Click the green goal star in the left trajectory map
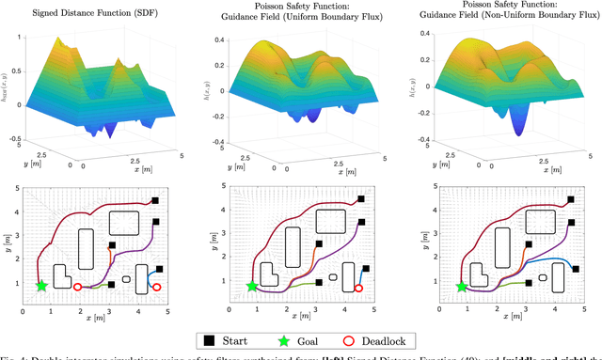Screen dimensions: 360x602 40,285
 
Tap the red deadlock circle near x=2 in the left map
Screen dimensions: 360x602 77,287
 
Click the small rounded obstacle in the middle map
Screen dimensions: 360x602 331,279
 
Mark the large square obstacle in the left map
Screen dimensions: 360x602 124,223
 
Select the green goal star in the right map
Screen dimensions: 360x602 461,287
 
